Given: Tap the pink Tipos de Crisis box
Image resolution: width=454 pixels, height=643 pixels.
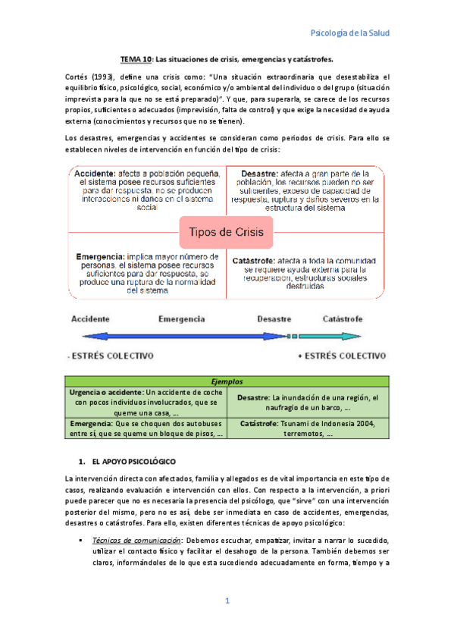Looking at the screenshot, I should pyautogui.click(x=225, y=232).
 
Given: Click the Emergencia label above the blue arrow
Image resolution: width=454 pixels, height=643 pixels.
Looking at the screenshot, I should pyautogui.click(x=181, y=319).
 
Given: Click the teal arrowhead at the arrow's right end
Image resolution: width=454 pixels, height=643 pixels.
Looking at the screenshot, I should pyautogui.click(x=375, y=335).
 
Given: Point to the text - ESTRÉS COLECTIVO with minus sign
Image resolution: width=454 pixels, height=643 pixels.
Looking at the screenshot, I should pyautogui.click(x=111, y=355).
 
